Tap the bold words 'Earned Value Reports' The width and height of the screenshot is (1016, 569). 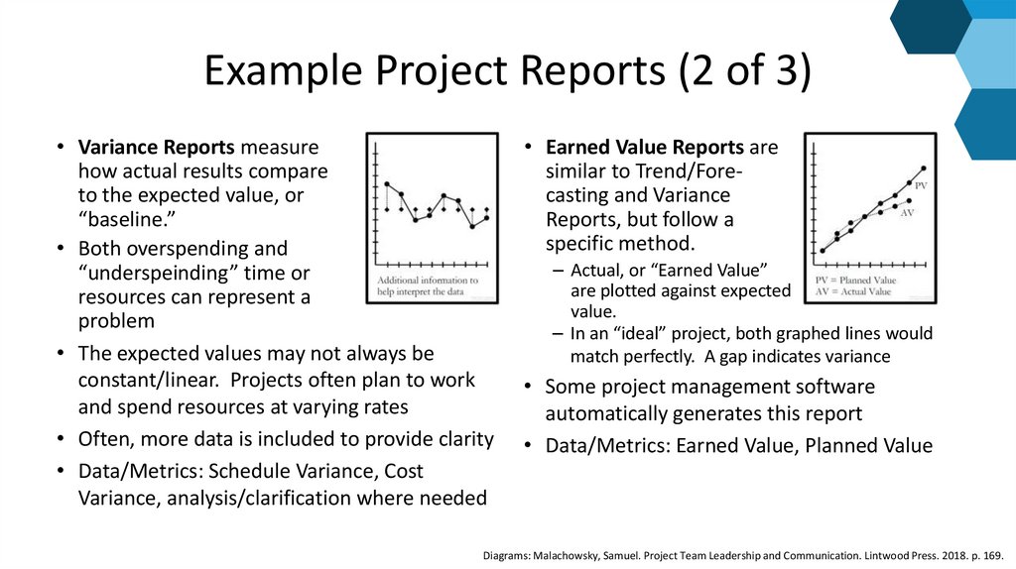pyautogui.click(x=645, y=147)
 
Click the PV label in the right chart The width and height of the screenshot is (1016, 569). pyautogui.click(x=921, y=186)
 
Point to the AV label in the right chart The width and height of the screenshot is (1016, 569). pyautogui.click(x=907, y=213)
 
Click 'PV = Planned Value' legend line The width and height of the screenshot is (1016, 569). pyautogui.click(x=855, y=281)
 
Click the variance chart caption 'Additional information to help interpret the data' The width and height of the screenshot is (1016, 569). pyautogui.click(x=429, y=285)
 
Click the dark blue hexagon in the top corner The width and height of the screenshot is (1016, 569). pyautogui.click(x=930, y=22)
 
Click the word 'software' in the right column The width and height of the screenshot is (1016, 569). pyautogui.click(x=825, y=387)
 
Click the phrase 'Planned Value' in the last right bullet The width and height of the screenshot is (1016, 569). pyautogui.click(x=869, y=446)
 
